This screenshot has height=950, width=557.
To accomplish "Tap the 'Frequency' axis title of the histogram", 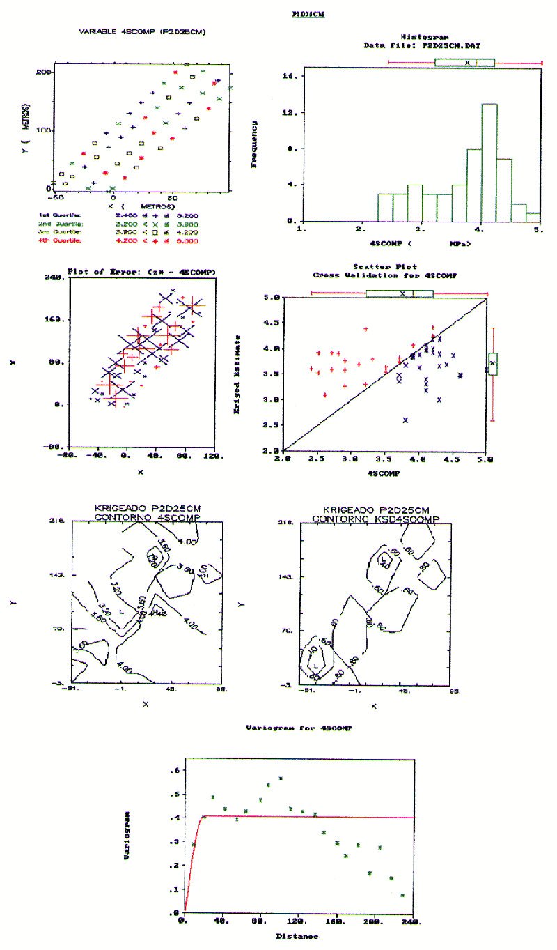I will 255,146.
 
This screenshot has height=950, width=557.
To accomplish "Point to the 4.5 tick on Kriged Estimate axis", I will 272,322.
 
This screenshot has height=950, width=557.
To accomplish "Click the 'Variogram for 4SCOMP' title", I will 299,728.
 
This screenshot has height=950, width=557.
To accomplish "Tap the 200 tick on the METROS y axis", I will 42,72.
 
